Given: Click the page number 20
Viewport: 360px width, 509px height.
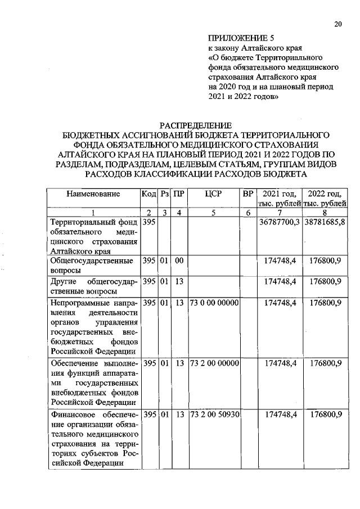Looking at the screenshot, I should pos(337,23).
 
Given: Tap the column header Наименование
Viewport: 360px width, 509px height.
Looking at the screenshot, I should pos(93,194).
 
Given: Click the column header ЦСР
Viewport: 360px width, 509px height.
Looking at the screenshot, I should pos(214,194).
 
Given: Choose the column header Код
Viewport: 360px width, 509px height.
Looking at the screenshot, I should pos(148,194).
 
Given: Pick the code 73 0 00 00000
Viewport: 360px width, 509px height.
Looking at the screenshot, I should pos(215,303).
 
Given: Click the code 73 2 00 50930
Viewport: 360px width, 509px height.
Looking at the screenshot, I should pos(215,415).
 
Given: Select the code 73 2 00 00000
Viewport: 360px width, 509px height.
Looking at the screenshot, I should pos(215,363).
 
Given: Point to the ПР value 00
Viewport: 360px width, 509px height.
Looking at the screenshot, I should pos(179,261).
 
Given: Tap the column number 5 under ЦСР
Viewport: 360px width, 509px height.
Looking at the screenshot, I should pos(214,212).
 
